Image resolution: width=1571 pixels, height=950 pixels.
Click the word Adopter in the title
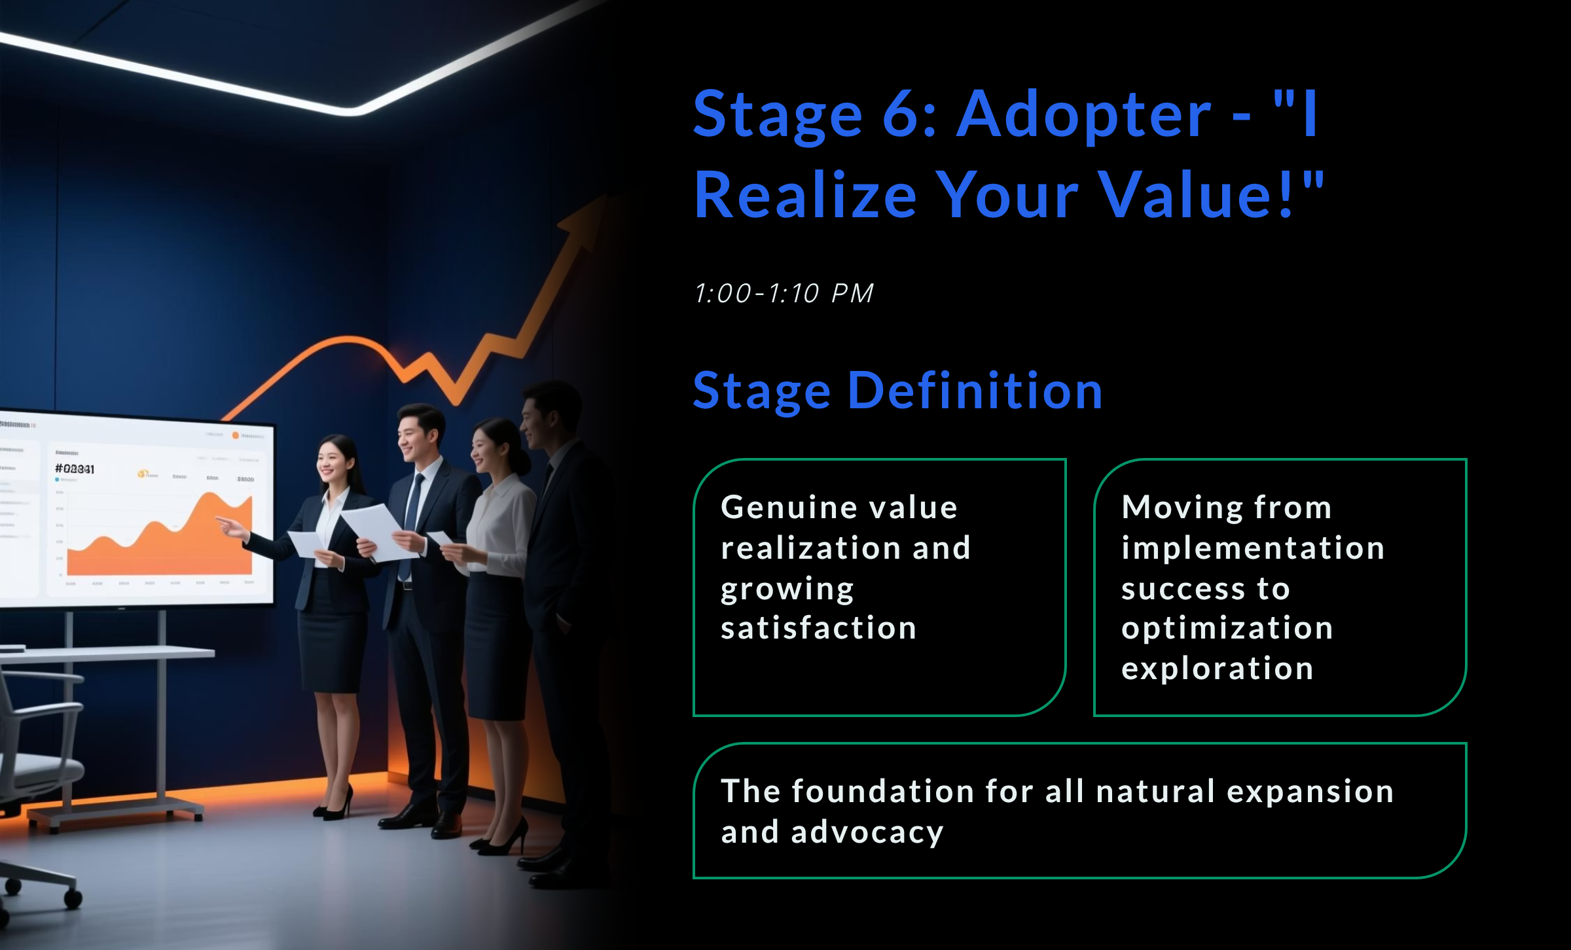(1084, 115)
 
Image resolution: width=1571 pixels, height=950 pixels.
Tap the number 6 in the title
(904, 115)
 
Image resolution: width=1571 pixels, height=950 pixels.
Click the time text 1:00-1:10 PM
(784, 293)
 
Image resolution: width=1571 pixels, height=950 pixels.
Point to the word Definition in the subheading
(975, 391)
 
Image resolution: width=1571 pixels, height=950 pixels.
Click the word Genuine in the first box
(774, 508)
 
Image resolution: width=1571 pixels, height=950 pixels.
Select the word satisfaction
(818, 628)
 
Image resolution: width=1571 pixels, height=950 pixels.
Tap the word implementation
(1253, 548)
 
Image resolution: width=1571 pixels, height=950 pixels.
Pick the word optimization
(1227, 628)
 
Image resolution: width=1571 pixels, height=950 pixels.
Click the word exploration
(1217, 669)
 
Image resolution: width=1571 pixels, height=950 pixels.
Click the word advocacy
(867, 832)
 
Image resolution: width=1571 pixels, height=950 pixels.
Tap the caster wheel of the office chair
(72, 898)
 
